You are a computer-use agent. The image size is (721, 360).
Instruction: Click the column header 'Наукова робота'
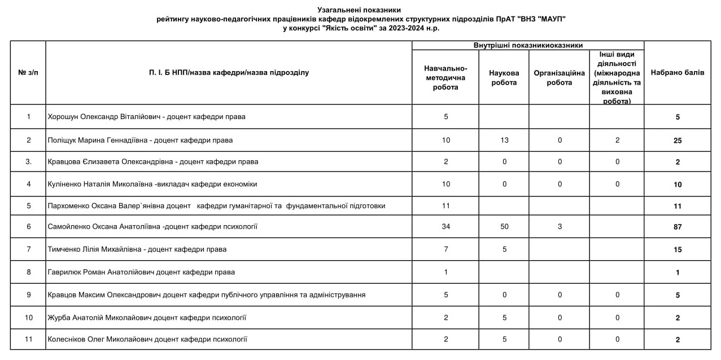504,78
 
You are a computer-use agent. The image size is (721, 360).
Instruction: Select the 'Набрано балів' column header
677,73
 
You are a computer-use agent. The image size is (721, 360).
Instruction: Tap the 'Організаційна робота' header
559,78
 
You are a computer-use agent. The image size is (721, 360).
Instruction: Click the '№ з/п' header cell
28,73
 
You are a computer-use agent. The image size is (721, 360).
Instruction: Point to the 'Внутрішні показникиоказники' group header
527,45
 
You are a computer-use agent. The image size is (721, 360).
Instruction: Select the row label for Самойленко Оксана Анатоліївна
152,227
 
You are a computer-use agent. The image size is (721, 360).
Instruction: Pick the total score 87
677,227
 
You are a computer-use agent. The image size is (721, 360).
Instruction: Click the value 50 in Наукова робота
504,227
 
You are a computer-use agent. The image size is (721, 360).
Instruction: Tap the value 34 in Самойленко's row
445,227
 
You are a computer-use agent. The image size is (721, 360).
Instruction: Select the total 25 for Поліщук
677,141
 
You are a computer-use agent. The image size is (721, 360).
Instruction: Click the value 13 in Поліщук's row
504,141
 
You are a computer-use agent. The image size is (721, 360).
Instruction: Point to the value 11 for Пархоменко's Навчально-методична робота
445,206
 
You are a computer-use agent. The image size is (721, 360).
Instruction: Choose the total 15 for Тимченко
677,249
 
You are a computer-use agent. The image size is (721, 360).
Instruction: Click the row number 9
28,295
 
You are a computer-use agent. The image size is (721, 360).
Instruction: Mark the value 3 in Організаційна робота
559,227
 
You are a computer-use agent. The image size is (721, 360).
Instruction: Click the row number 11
28,339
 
